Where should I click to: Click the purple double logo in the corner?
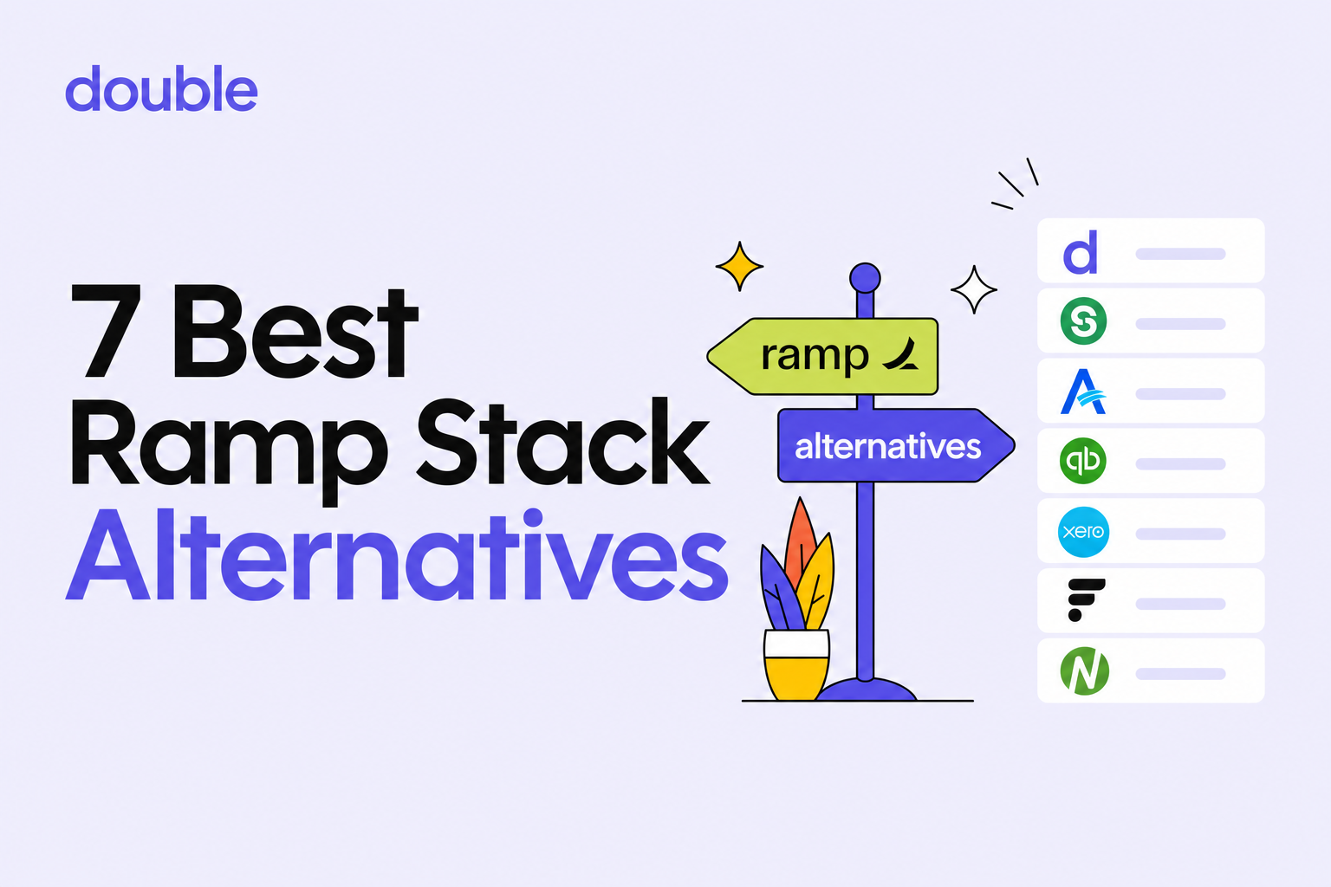[161, 88]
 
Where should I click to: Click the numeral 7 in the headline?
[107, 331]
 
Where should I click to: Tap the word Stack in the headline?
[563, 442]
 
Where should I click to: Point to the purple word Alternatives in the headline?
[397, 554]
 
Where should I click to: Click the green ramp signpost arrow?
[822, 357]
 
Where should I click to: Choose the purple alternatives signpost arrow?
[896, 445]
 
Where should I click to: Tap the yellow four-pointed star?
[739, 266]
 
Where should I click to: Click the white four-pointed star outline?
[974, 289]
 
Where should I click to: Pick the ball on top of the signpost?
[865, 278]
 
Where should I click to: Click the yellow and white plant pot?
[796, 664]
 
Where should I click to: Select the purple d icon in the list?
[1081, 252]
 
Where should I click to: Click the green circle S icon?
[1083, 321]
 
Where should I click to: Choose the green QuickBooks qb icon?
[1083, 461]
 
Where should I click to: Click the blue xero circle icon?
[1083, 531]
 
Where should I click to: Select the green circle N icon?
[1084, 671]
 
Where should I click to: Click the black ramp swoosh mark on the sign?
[901, 353]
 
